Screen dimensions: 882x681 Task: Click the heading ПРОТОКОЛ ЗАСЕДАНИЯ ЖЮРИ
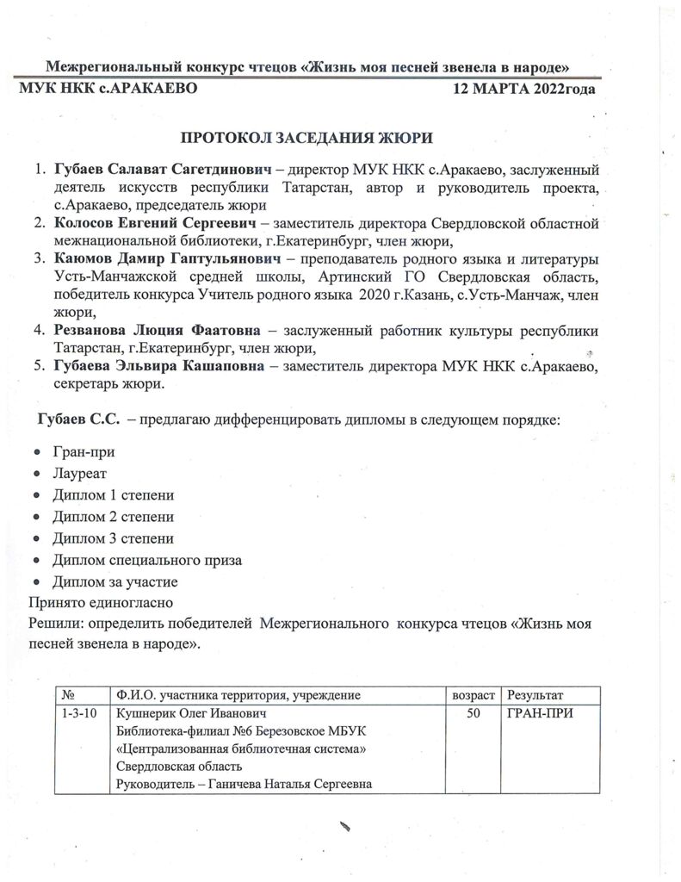[313, 138]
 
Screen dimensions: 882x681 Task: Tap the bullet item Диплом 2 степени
[113, 517]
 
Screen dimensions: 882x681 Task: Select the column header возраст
[474, 695]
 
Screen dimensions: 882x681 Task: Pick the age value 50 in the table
[473, 714]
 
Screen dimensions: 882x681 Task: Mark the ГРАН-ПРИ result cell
[541, 714]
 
